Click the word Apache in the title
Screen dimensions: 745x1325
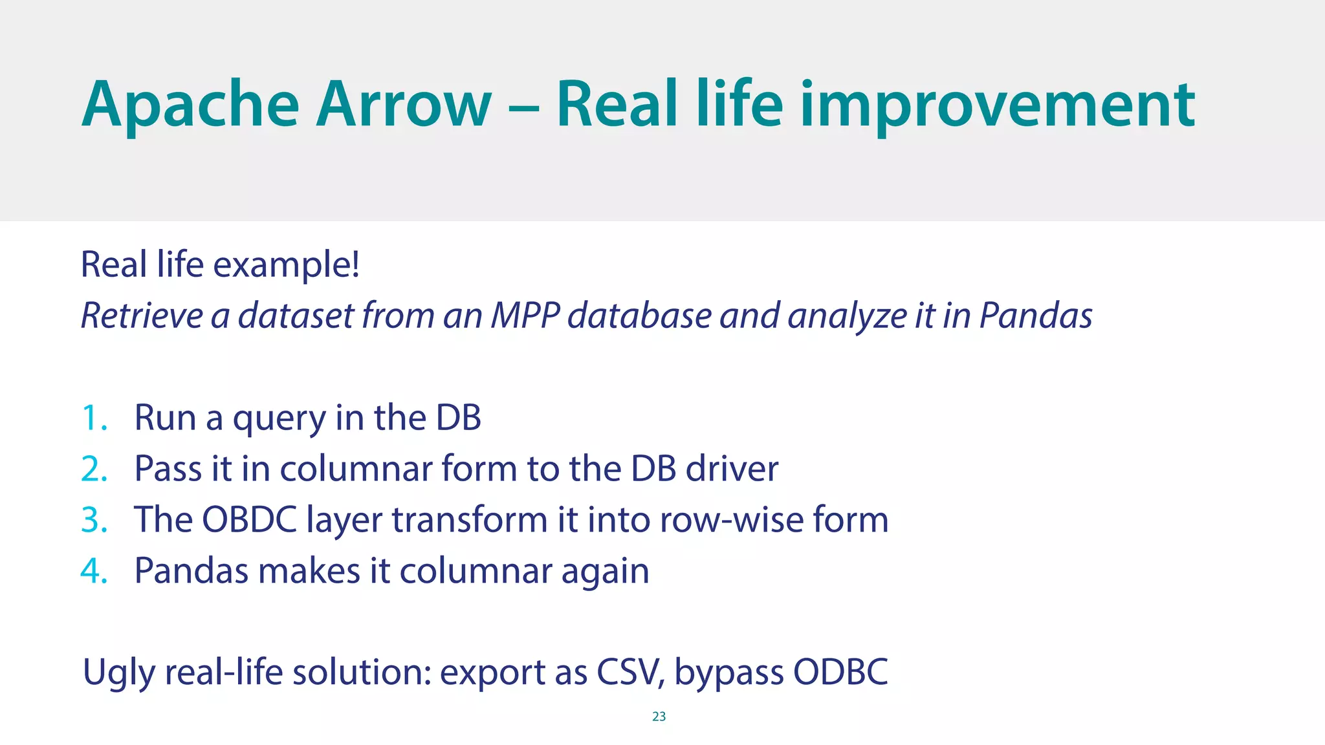coord(190,105)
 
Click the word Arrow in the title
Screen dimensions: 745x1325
coord(404,105)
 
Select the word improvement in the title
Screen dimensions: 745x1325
coord(997,105)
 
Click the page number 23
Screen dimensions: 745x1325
coord(659,717)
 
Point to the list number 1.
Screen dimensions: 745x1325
coord(93,418)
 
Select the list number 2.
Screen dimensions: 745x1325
coord(93,470)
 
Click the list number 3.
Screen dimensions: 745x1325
coord(93,521)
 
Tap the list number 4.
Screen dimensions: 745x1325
coord(93,572)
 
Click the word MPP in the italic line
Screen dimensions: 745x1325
coord(525,316)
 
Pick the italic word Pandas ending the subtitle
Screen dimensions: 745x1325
coord(1036,316)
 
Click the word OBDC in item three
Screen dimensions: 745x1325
coord(249,521)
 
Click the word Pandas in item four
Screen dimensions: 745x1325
coord(191,572)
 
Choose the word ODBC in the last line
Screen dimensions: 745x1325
coord(840,673)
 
